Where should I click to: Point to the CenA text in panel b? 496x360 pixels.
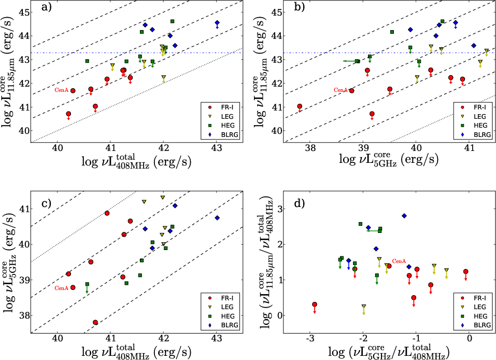[340, 90]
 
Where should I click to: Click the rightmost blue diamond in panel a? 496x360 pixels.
[217, 23]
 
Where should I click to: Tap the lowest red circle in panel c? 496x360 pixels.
[95, 323]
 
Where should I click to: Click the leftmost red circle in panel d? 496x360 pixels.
[315, 304]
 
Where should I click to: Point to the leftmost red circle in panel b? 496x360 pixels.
[300, 106]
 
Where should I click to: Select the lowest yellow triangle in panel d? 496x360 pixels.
[363, 307]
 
